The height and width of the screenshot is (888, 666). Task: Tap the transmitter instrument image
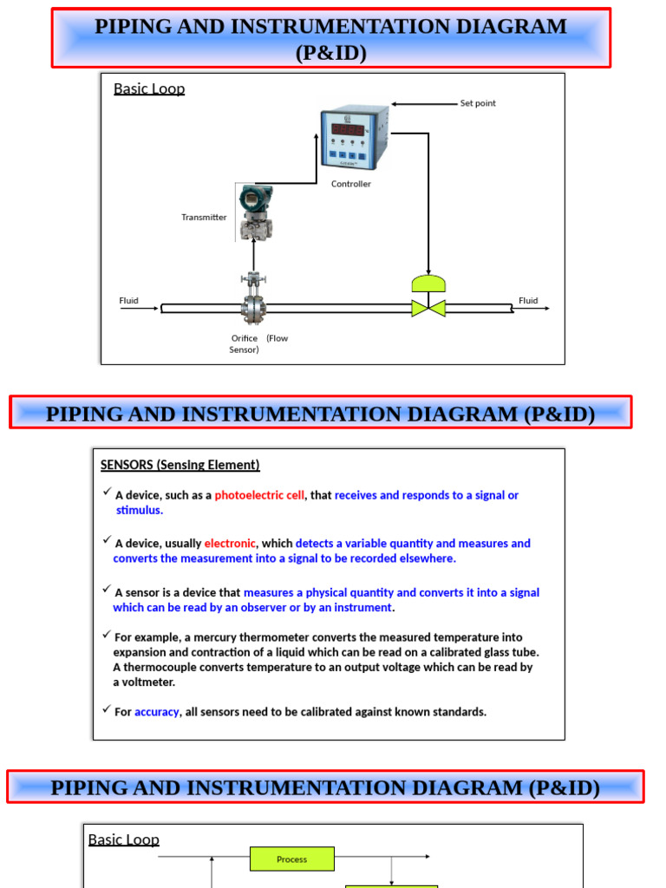(x=254, y=212)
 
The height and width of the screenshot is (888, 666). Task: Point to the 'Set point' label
(x=478, y=103)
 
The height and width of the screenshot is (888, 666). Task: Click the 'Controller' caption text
(x=351, y=184)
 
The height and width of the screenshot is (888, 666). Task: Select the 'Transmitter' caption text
(x=204, y=218)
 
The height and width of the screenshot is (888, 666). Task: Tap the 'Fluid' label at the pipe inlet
(x=128, y=301)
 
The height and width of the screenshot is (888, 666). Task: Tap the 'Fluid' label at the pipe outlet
(x=528, y=301)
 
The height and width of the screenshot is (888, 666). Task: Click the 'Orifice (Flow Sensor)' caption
(x=258, y=343)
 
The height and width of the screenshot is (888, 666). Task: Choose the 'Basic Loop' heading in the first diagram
(x=149, y=88)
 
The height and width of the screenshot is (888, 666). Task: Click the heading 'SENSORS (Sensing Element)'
(x=180, y=465)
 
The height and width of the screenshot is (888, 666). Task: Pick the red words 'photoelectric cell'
(x=259, y=495)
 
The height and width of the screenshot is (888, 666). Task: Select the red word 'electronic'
(x=230, y=544)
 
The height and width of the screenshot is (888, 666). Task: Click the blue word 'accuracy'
(x=156, y=712)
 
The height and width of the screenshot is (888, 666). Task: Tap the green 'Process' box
(x=292, y=859)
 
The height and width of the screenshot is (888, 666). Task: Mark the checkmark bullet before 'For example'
(x=106, y=636)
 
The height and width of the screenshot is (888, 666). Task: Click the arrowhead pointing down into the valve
(x=428, y=270)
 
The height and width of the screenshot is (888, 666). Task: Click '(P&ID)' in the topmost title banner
(x=331, y=54)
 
